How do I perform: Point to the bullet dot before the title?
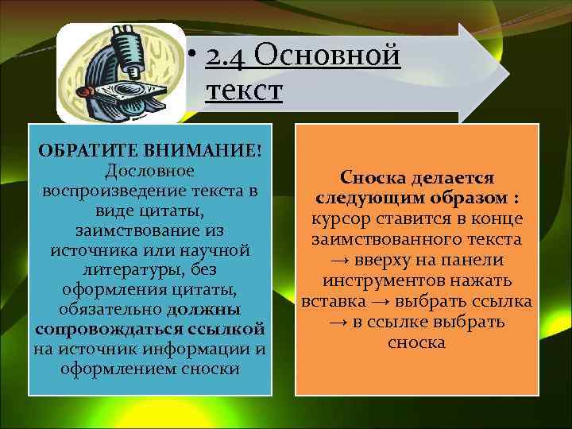(x=192, y=57)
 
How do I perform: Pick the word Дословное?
(x=150, y=172)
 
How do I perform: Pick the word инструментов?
(x=392, y=282)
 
